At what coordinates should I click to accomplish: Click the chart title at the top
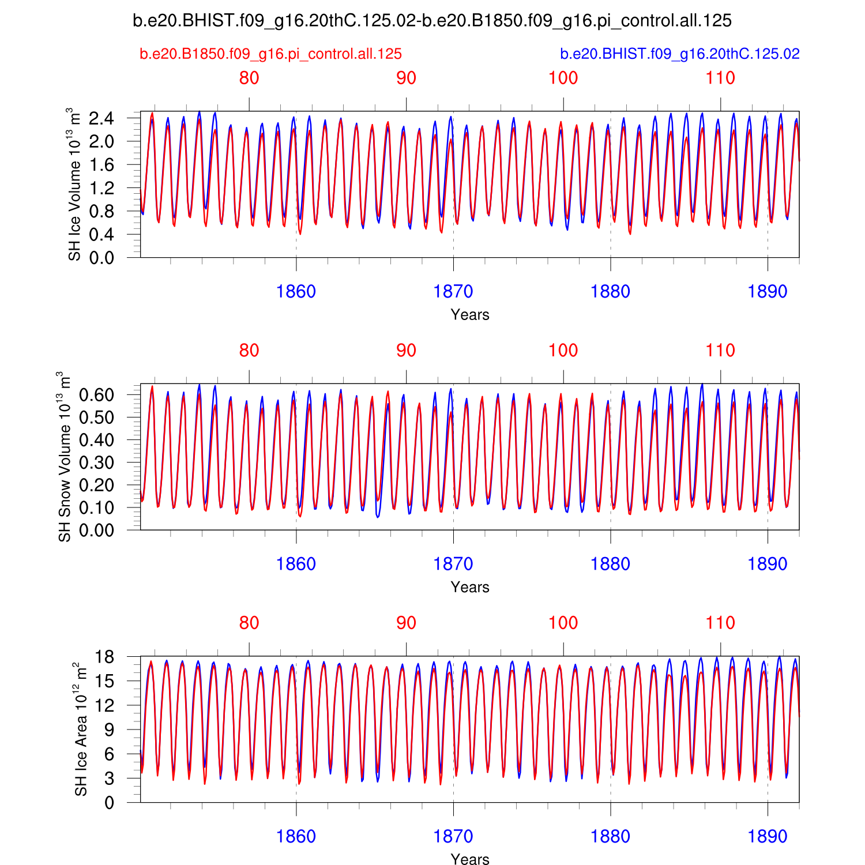click(432, 21)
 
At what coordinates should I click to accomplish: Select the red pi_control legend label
click(270, 54)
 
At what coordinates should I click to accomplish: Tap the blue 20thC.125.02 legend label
click(680, 54)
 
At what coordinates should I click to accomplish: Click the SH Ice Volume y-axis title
click(74, 184)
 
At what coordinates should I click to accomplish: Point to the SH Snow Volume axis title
click(65, 457)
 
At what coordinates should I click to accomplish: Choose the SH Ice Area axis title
click(81, 729)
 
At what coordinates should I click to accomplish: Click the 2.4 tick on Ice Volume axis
click(101, 119)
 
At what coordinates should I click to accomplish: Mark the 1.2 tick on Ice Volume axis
click(101, 188)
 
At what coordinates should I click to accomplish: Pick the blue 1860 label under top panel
click(296, 292)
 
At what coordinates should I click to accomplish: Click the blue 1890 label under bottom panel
click(768, 837)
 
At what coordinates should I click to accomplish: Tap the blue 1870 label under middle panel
click(453, 565)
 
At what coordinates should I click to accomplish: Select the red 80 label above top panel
click(249, 78)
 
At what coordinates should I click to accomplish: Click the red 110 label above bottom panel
click(720, 623)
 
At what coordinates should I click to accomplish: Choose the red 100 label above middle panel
click(563, 351)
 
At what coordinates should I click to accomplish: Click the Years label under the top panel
click(470, 315)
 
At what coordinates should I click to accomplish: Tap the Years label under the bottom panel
click(470, 859)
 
